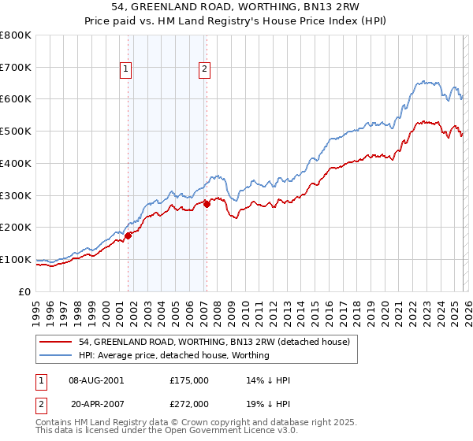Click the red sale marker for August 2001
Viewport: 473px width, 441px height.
tap(128, 235)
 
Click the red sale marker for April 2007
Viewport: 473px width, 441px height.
tap(207, 204)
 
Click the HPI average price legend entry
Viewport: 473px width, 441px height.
tap(174, 355)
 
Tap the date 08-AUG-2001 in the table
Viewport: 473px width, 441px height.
tap(97, 380)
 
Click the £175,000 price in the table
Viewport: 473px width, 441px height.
tap(189, 380)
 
